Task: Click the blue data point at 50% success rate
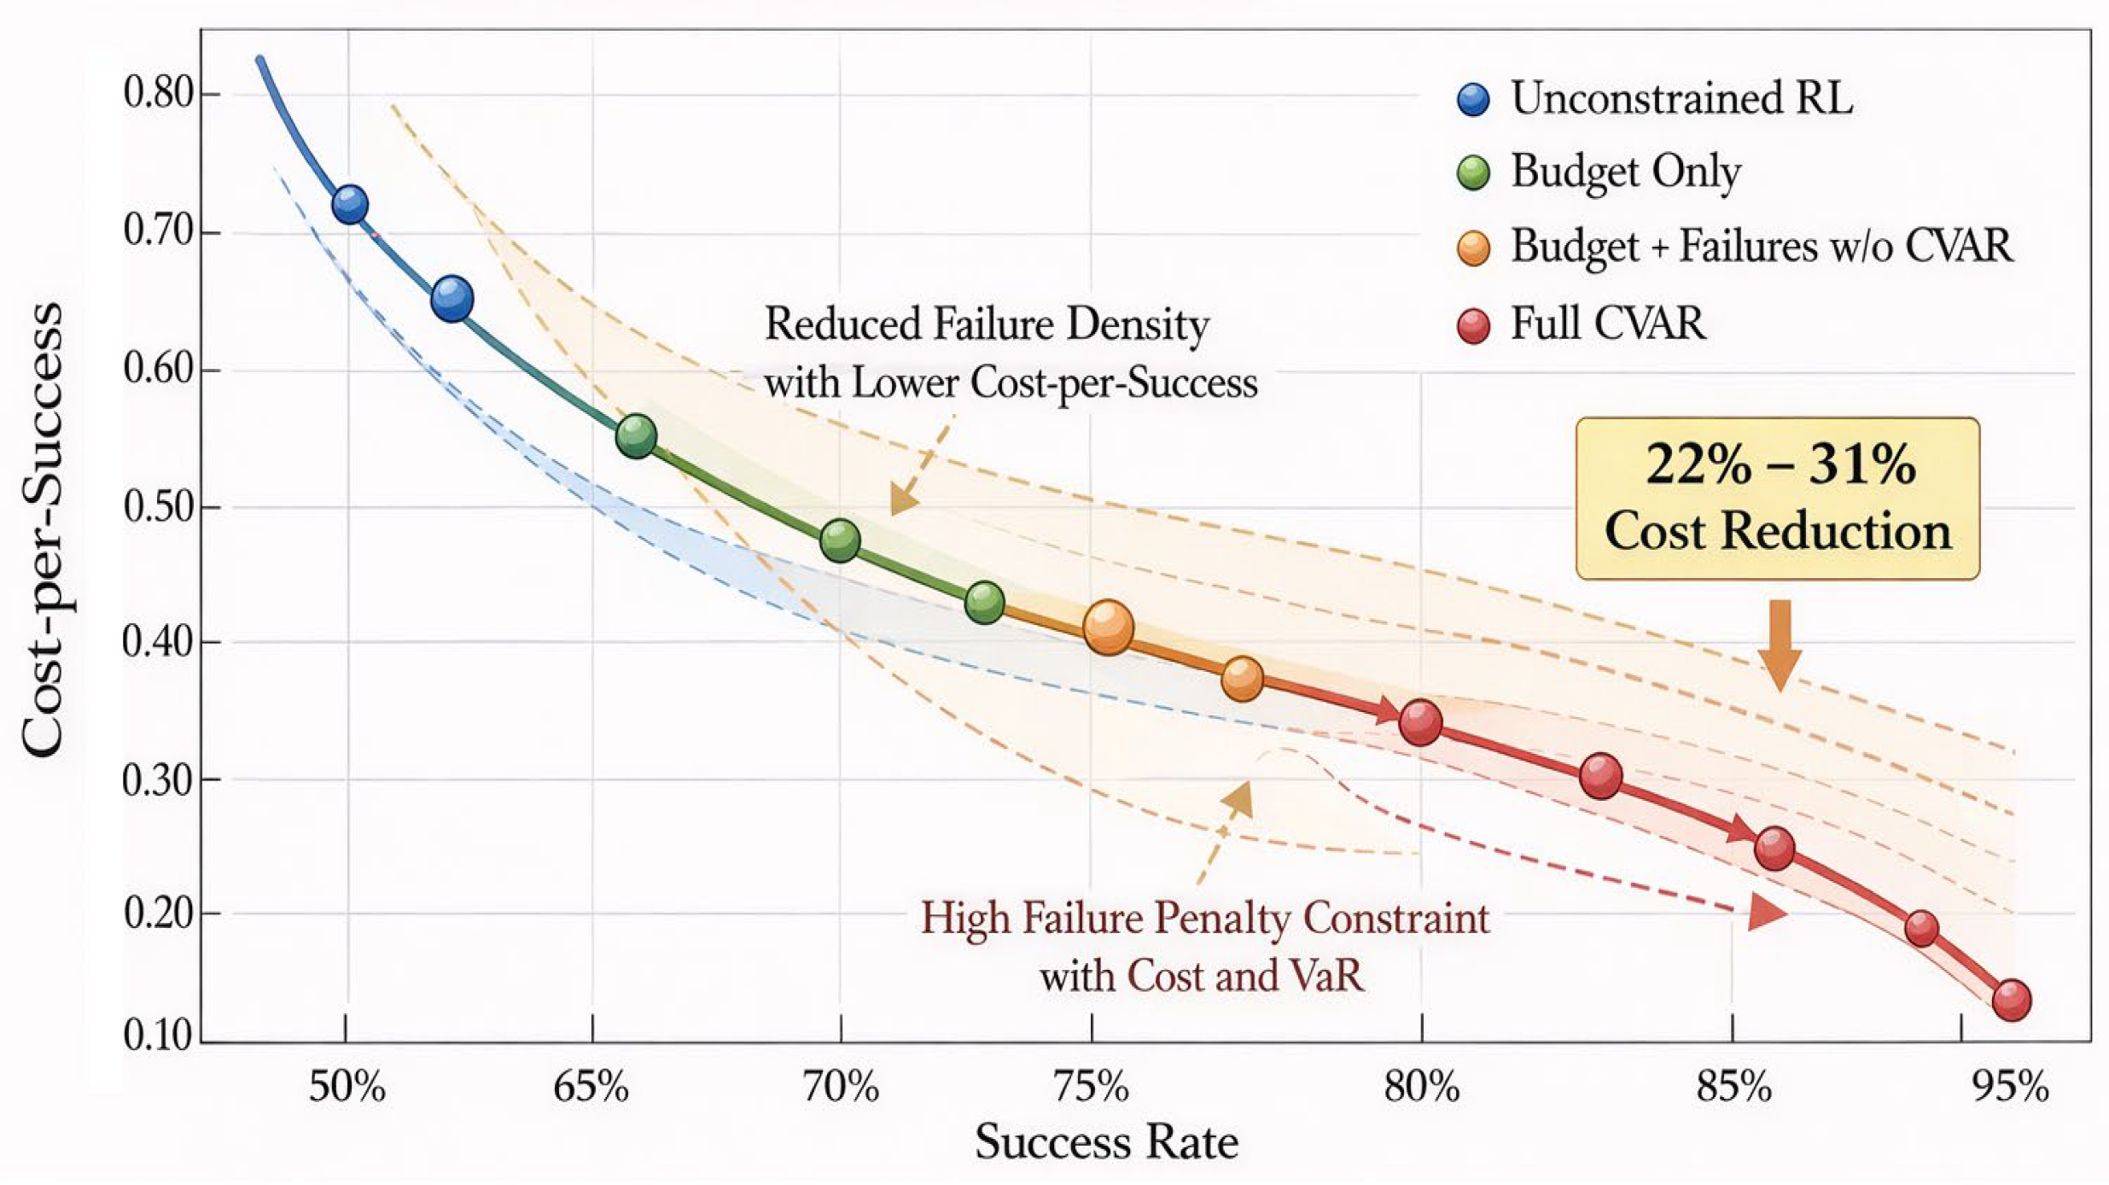[x=349, y=205]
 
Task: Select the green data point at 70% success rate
[x=840, y=540]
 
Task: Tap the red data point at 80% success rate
[x=1421, y=722]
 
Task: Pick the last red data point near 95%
[x=2012, y=1000]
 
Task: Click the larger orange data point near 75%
[x=1108, y=628]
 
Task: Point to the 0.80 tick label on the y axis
[x=159, y=93]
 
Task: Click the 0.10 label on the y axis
[x=159, y=1036]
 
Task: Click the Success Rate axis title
[x=1106, y=1142]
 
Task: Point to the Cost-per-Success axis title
[x=43, y=529]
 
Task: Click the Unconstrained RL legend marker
[x=1473, y=99]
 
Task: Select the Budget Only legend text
[x=1626, y=172]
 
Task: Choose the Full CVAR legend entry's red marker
[x=1473, y=325]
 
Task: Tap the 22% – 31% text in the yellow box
[x=1780, y=465]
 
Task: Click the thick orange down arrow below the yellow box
[x=1780, y=645]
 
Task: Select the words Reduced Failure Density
[x=987, y=324]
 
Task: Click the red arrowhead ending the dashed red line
[x=1765, y=913]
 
